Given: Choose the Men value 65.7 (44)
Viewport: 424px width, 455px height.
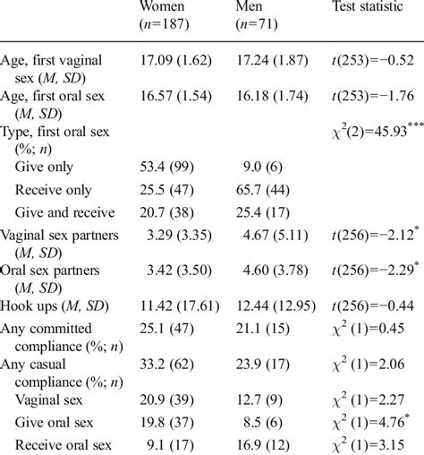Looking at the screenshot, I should point(266,190).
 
